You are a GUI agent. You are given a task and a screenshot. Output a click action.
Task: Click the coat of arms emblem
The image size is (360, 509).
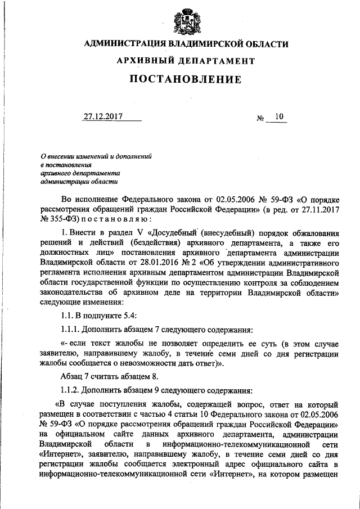tap(186, 20)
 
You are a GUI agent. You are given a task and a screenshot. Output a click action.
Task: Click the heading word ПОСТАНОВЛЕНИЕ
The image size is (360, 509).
tap(186, 79)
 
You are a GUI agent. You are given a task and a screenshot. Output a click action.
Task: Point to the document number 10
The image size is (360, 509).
tap(280, 117)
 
